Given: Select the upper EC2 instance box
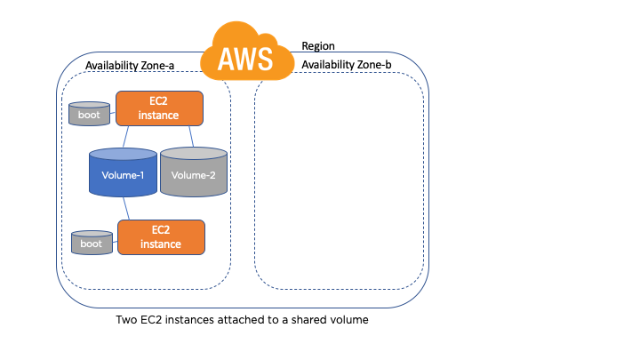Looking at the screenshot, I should [x=159, y=108].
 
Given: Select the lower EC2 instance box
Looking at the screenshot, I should [x=161, y=237].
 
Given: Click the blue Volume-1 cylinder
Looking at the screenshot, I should [x=123, y=173].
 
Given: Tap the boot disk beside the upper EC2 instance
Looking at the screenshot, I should [x=90, y=113].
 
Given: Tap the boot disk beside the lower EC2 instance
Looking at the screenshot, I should [x=92, y=242].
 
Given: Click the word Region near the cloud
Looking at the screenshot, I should [x=319, y=45].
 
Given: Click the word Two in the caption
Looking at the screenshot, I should [x=128, y=320].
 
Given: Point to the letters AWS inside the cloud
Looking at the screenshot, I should [x=247, y=59].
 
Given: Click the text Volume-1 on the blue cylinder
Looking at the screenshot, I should [x=123, y=175].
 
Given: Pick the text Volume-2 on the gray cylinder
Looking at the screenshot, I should [x=194, y=175].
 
